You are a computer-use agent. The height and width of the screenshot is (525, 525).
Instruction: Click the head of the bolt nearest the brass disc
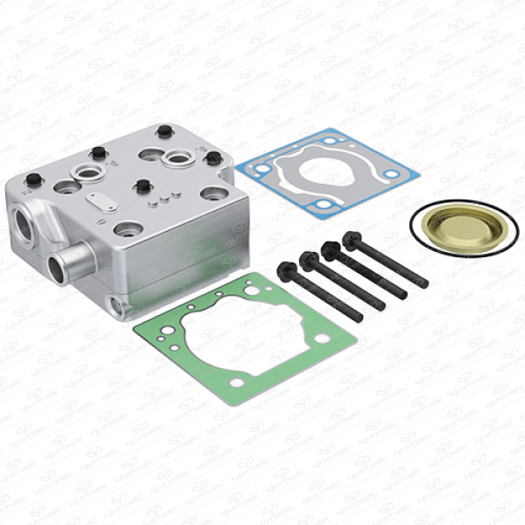tap(353, 239)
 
